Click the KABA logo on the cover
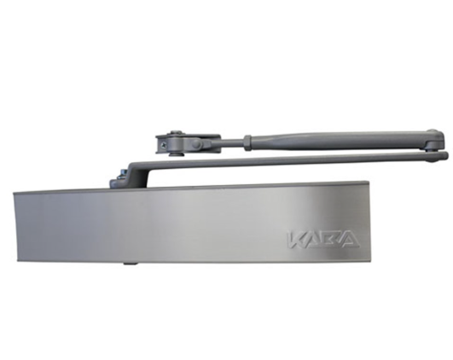pyautogui.click(x=323, y=236)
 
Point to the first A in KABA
pyautogui.click(x=316, y=236)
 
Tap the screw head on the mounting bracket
pyautogui.click(x=174, y=136)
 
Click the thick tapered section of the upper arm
pyautogui.click(x=341, y=136)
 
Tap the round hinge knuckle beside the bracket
pyautogui.click(x=196, y=146)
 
